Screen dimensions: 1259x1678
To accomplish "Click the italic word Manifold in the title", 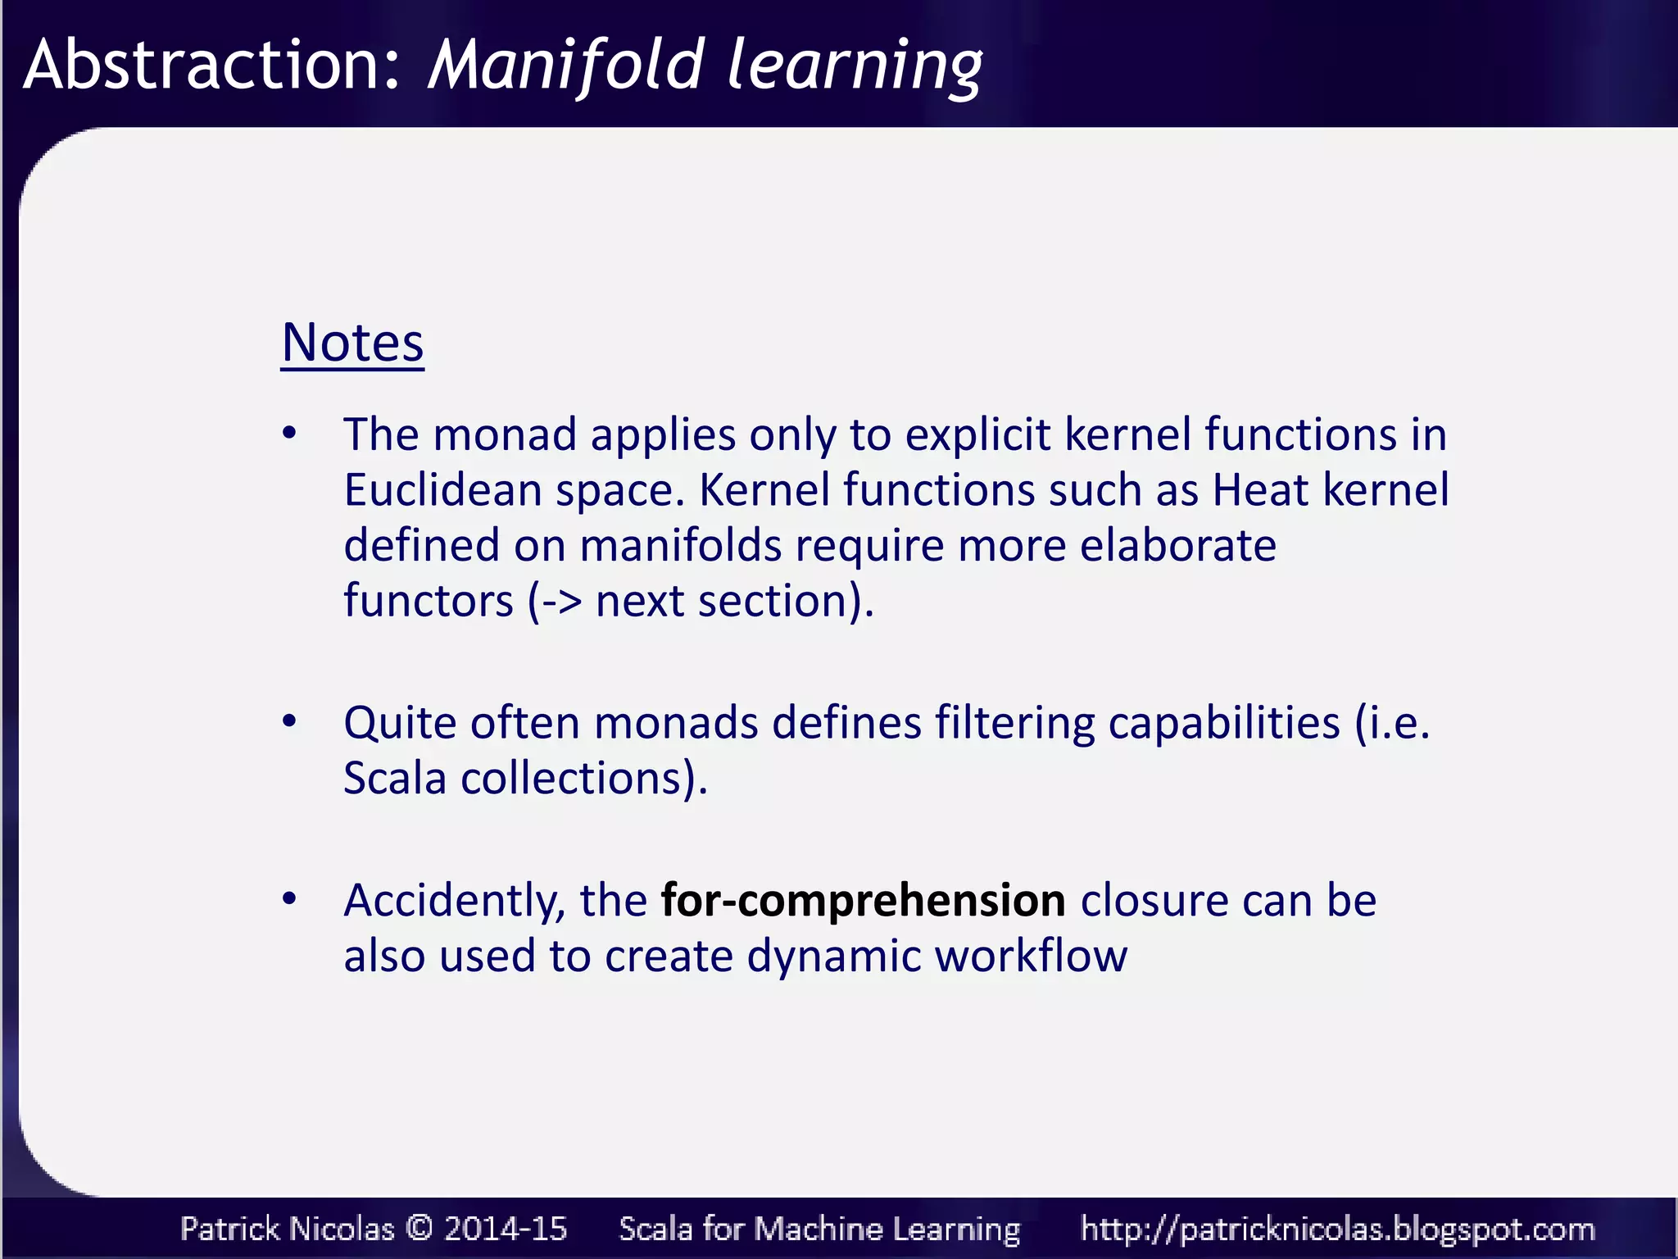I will [565, 65].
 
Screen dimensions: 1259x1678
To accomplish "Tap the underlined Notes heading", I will [352, 343].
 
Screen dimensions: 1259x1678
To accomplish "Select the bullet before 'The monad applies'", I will [289, 433].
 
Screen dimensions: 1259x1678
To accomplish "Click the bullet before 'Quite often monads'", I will [289, 721].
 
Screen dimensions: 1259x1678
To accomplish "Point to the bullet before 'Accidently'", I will [289, 899].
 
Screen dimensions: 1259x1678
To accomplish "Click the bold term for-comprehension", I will [863, 901].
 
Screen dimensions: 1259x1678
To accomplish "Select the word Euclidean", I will [442, 490].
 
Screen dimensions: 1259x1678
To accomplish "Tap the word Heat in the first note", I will [1260, 490].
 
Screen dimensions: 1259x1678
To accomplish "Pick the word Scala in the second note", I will [394, 778].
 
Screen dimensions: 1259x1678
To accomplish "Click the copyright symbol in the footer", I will [419, 1229].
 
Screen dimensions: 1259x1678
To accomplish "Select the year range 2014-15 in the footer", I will [506, 1229].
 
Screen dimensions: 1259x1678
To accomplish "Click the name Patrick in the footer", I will [230, 1229].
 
